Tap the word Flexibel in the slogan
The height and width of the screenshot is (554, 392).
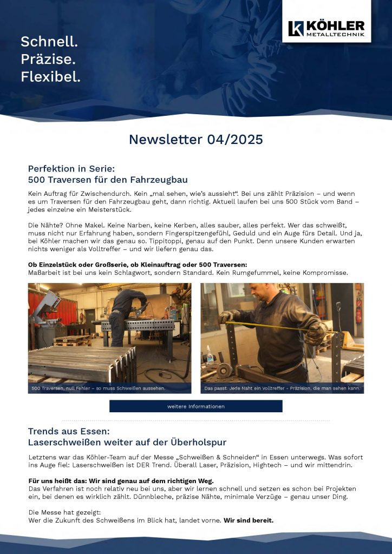point(50,77)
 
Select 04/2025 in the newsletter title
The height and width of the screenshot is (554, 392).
point(235,140)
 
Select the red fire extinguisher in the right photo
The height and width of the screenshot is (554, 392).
point(358,316)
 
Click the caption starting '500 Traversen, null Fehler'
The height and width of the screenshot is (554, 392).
point(98,388)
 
